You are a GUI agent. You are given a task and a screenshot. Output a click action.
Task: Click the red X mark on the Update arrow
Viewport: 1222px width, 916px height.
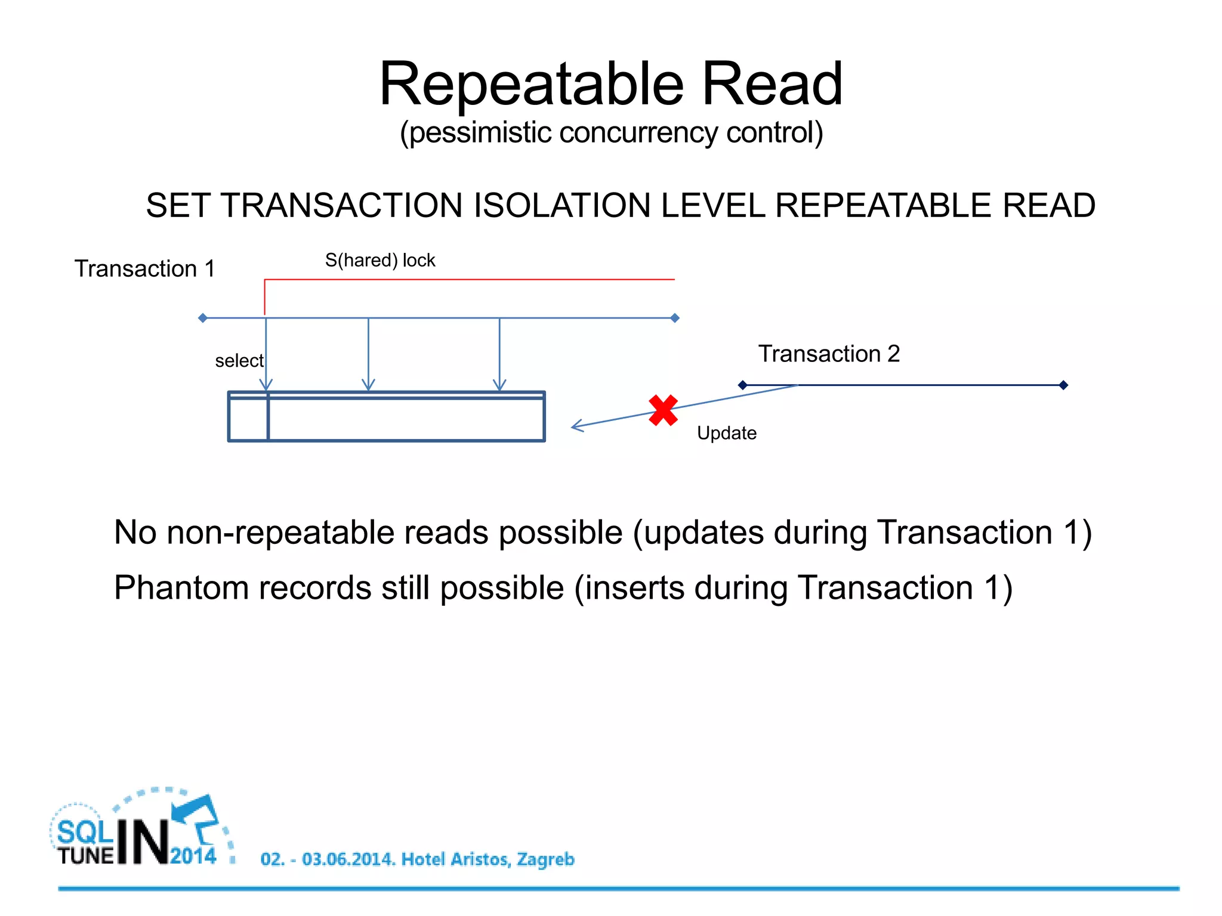[663, 410]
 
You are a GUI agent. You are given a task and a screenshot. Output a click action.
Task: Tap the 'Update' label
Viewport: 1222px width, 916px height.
[726, 433]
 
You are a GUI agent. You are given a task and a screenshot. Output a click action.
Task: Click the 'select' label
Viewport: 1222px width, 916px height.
[239, 361]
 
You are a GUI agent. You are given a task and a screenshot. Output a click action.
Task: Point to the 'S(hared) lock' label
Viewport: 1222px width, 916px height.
[380, 261]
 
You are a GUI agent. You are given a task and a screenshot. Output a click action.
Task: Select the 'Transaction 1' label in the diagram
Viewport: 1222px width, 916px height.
[144, 269]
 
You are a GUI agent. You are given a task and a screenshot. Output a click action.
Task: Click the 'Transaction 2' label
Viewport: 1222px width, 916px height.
[829, 354]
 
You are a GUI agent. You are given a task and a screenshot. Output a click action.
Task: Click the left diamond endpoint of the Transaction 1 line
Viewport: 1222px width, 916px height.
[203, 318]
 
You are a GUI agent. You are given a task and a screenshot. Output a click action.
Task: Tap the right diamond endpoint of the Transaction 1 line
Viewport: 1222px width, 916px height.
[675, 318]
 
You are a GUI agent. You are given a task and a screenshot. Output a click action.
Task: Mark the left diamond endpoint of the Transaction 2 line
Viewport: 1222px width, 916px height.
[743, 385]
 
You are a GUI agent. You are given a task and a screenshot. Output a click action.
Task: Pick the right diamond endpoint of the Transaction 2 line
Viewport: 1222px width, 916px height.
[1063, 385]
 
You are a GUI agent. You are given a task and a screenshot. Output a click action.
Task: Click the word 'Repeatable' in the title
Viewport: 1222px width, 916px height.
[531, 85]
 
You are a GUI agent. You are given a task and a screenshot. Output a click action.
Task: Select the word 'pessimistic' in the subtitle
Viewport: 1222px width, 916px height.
[480, 132]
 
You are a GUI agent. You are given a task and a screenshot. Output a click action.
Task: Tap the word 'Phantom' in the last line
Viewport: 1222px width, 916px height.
[181, 588]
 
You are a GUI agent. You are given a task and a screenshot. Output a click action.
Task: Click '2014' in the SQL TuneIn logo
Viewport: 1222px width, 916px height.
[193, 856]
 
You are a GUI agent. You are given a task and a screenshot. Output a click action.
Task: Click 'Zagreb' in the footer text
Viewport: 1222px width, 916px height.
[545, 859]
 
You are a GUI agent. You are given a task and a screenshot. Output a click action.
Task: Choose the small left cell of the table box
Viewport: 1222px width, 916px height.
[248, 419]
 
